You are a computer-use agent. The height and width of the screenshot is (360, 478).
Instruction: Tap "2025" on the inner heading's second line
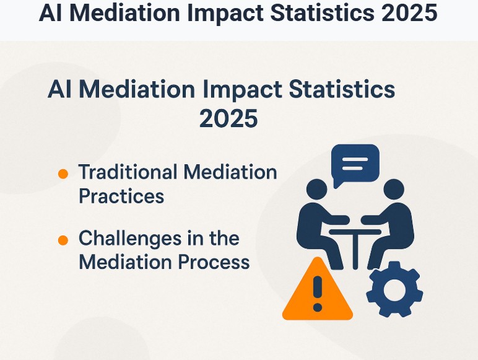click(x=228, y=118)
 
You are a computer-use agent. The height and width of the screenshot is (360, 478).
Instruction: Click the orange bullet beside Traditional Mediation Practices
click(x=63, y=174)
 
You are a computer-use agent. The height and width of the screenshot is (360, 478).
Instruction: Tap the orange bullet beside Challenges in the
click(x=63, y=240)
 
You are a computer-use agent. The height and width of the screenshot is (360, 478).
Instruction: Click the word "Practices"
click(x=121, y=196)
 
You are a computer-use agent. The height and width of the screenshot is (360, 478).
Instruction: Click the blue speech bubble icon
click(x=355, y=164)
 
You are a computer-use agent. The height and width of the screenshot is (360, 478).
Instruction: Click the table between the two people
click(x=355, y=239)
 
